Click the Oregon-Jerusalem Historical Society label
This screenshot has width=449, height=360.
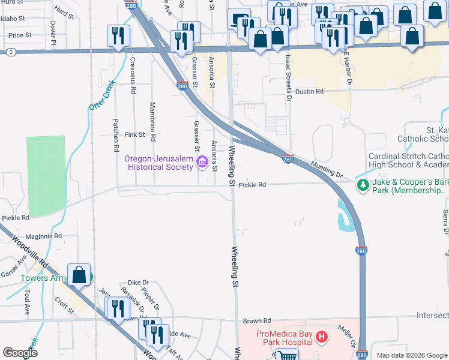tap(158, 163)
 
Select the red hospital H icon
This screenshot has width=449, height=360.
tap(322, 337)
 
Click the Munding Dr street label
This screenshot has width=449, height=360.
tap(326, 170)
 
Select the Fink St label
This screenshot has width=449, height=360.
tap(134, 135)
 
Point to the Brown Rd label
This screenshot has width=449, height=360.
tap(258, 321)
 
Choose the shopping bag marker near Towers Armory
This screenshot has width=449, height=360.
tap(79, 275)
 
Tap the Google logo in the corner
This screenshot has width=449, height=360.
tap(20, 352)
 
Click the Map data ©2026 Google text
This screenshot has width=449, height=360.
tap(412, 355)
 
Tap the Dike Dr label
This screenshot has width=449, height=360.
tap(138, 282)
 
